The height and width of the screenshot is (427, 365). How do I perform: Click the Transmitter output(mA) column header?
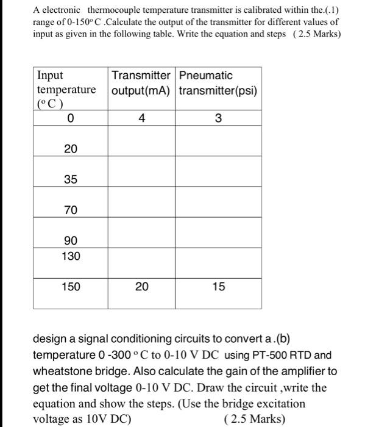[141, 84]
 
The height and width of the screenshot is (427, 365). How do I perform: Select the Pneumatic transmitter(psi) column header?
[218, 84]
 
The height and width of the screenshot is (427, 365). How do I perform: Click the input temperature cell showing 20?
[71, 149]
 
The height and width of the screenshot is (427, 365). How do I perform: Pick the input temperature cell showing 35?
[71, 180]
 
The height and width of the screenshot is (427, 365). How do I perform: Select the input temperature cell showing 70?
[71, 210]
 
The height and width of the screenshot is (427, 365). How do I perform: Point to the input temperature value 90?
[71, 241]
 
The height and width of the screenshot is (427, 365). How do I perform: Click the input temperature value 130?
[71, 256]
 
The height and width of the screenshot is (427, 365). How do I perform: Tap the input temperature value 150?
[71, 286]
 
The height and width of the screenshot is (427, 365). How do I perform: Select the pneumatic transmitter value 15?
[219, 286]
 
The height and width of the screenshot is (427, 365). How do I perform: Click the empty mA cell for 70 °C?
[141, 210]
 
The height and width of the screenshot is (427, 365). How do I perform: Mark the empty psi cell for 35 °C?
[219, 180]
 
